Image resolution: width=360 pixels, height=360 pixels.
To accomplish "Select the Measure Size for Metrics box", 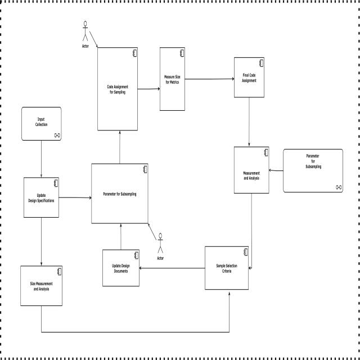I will [x=172, y=79].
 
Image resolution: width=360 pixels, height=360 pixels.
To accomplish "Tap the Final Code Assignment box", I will [x=249, y=79].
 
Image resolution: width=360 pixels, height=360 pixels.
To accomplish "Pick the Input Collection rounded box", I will [x=41, y=123].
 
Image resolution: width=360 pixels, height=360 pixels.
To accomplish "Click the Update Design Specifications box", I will [x=41, y=197].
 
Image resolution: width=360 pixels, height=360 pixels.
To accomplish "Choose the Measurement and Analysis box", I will [x=252, y=170].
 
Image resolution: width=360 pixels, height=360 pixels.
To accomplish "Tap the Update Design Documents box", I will [x=120, y=268].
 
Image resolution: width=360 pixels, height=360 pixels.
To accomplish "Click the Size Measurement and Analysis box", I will [x=41, y=285].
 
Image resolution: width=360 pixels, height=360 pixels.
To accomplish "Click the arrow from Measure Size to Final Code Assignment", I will [x=209, y=79].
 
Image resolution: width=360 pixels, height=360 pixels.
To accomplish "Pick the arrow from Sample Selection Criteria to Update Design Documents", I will [x=172, y=268].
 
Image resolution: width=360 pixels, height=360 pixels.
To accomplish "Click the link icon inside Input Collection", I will [x=57, y=136].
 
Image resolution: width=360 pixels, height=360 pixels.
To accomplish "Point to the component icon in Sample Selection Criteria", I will [x=245, y=251].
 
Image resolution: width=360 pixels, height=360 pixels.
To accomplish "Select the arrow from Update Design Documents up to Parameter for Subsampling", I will [x=120, y=236].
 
